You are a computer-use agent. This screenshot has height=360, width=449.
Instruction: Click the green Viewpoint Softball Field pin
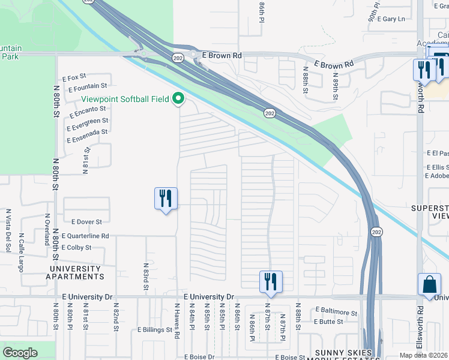(x=178, y=98)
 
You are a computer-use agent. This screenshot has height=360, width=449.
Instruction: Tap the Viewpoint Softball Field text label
(x=126, y=99)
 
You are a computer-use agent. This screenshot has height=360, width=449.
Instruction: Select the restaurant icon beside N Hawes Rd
(x=166, y=199)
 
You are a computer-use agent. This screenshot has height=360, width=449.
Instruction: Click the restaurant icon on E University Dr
(x=271, y=281)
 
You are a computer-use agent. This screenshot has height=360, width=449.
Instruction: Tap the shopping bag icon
(x=430, y=285)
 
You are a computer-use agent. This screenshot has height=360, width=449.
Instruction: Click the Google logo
(x=20, y=353)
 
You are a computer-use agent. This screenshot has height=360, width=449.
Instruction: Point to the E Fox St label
(x=74, y=77)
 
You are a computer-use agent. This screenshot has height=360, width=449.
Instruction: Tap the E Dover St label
(x=86, y=222)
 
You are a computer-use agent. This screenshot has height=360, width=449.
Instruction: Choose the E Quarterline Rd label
(x=85, y=236)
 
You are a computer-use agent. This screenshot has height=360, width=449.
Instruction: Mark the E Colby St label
(x=77, y=247)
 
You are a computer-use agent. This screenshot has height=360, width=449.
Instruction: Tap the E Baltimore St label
(x=336, y=312)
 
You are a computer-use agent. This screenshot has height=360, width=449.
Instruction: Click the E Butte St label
(x=328, y=322)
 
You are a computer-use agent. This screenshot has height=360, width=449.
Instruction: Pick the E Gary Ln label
(x=393, y=19)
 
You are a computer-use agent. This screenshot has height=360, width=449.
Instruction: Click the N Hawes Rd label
(x=178, y=320)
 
